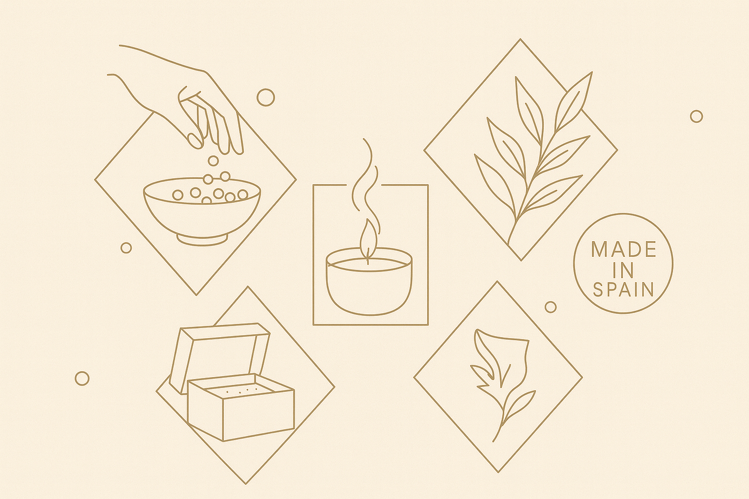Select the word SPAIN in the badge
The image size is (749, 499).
624,289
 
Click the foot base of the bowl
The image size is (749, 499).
203,240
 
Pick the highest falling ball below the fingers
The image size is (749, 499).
213,161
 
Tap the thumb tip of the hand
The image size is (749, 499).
195,140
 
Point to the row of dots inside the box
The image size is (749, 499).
242,390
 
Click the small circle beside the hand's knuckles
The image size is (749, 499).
265,97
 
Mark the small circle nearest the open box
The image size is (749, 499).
82,378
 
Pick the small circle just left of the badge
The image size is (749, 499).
551,307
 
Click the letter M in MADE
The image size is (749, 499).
599,249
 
